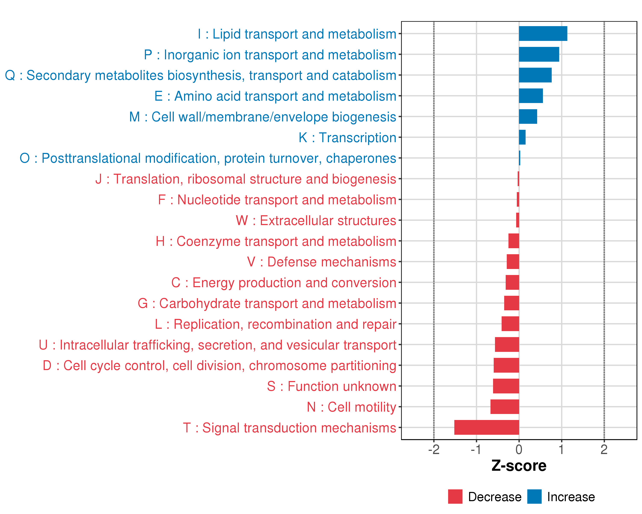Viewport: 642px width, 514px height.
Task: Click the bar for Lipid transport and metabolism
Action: tap(543, 34)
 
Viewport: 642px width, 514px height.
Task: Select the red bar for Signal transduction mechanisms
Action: tap(487, 427)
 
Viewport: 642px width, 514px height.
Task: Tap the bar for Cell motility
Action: tap(505, 407)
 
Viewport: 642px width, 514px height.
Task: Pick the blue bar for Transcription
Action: tap(522, 137)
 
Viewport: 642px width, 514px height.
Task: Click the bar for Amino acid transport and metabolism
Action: tap(531, 96)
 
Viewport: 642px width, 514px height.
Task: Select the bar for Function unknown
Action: tap(506, 386)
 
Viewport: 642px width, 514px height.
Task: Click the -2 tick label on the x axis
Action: tap(434, 450)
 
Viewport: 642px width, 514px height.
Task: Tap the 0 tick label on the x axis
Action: tap(519, 450)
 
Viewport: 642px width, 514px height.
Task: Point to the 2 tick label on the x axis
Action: tap(604, 450)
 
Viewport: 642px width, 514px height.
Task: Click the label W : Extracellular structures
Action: tap(316, 221)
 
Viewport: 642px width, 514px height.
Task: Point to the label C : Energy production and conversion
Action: tap(284, 283)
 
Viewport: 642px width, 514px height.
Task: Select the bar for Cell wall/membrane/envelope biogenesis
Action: tap(528, 117)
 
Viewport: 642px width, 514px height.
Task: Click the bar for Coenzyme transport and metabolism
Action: tap(514, 241)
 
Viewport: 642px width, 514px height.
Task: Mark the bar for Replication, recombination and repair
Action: tap(510, 324)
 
